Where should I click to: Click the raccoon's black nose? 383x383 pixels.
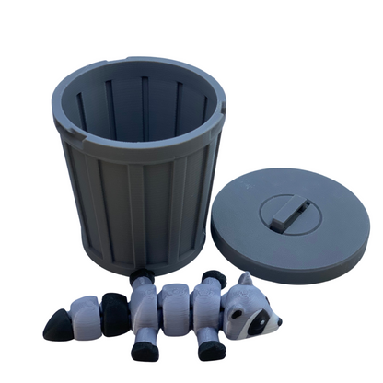pyautogui.click(x=275, y=321)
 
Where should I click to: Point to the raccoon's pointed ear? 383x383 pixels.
pyautogui.click(x=245, y=279)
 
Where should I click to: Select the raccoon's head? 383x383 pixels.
pyautogui.click(x=252, y=308)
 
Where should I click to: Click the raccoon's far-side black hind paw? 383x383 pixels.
pyautogui.click(x=141, y=275)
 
